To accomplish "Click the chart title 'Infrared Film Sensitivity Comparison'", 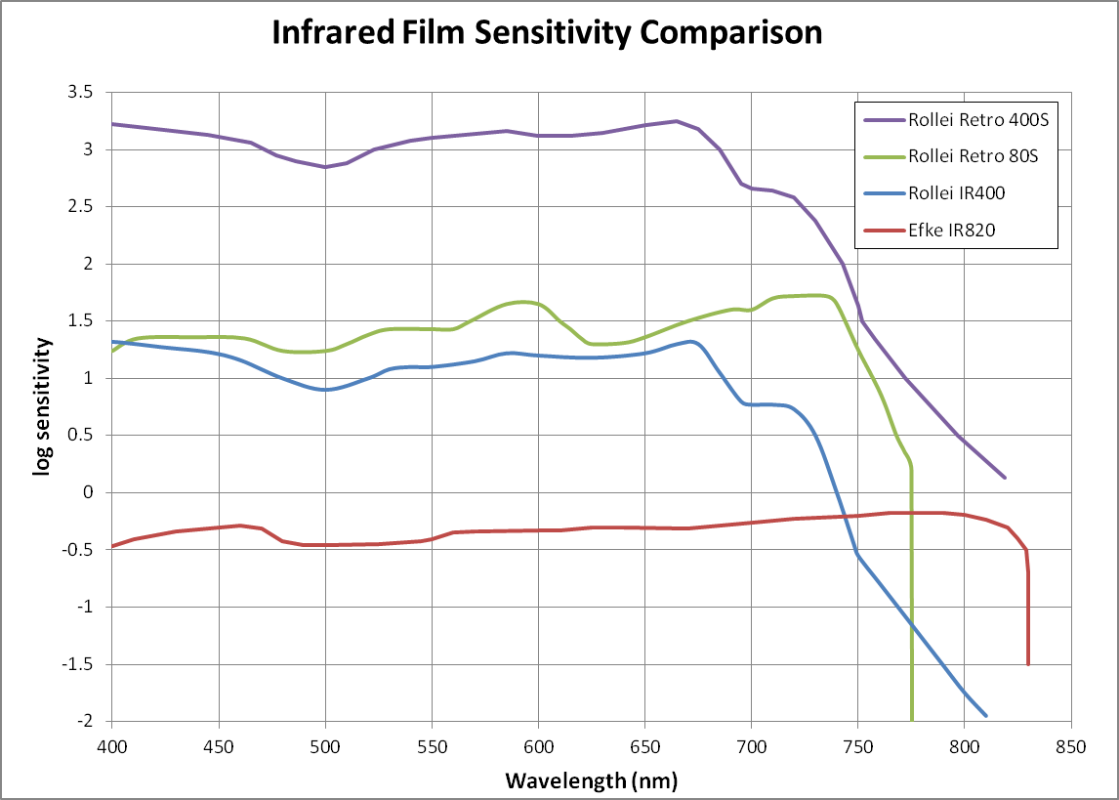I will pyautogui.click(x=547, y=32).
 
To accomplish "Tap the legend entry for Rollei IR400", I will pyautogui.click(x=956, y=193).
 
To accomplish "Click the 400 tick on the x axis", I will pyautogui.click(x=112, y=745).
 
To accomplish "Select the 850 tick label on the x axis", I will pyautogui.click(x=1071, y=745).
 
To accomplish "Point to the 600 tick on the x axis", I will pyautogui.click(x=539, y=745).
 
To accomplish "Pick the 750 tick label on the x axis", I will pyautogui.click(x=858, y=745).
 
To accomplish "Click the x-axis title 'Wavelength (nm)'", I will pyautogui.click(x=591, y=780).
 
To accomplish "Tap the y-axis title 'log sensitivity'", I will pyautogui.click(x=42, y=406).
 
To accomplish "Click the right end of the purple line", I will pyautogui.click(x=1006, y=478).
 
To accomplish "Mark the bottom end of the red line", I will pyautogui.click(x=1028, y=664).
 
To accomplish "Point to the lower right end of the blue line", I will pyautogui.click(x=985, y=716).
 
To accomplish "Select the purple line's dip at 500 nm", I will pyautogui.click(x=325, y=167).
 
